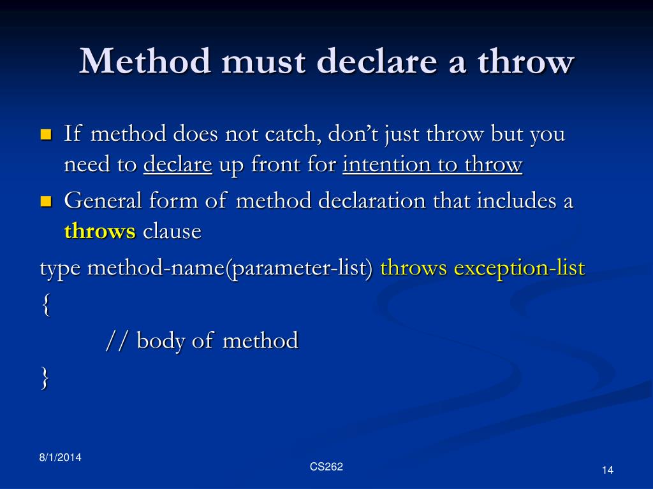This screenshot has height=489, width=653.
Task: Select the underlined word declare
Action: point(177,165)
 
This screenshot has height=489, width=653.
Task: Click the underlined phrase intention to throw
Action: point(432,165)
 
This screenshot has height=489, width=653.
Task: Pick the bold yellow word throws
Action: point(99,231)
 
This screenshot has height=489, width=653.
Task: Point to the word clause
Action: point(172,231)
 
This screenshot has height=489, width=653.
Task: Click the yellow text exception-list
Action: point(519,268)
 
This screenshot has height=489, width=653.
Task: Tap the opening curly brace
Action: point(44,305)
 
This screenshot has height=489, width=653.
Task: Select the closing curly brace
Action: point(44,378)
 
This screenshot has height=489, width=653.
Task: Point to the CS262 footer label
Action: point(326,467)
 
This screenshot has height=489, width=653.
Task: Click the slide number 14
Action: point(606,470)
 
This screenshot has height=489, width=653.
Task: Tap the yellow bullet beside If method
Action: point(45,135)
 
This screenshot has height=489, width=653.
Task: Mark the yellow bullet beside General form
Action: point(45,202)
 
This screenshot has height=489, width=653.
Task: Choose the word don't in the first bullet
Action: point(350,135)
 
